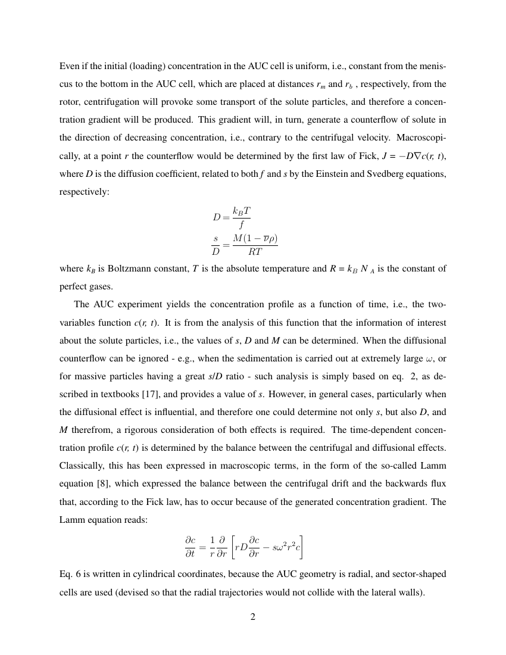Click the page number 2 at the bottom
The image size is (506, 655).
click(252, 616)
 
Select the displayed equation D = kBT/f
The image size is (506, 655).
click(232, 217)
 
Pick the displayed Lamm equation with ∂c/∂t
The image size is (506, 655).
click(245, 547)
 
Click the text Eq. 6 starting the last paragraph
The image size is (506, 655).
click(71, 575)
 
